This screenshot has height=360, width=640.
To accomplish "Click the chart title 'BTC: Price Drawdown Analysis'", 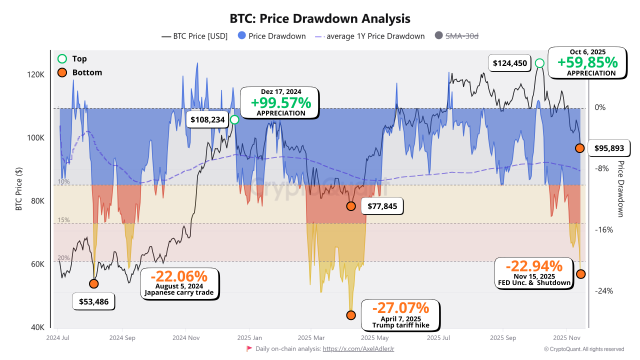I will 320,18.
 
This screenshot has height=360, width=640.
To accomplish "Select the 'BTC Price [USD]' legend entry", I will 194,36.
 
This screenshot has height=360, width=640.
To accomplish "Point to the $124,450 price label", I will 509,63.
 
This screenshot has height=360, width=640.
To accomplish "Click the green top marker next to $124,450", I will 539,63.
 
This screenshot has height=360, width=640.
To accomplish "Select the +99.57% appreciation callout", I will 280,103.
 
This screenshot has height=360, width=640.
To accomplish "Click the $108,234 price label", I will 207,120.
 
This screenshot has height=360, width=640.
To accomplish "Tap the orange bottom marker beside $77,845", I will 351,206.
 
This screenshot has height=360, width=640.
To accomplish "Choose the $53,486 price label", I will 94,301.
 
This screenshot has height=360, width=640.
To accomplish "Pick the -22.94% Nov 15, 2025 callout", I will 534,273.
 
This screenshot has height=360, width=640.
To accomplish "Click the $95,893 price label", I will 609,148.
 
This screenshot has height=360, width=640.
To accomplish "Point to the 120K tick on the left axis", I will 36,74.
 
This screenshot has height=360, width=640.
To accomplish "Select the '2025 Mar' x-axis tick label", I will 311,337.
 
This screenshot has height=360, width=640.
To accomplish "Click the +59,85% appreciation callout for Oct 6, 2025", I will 587,62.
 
